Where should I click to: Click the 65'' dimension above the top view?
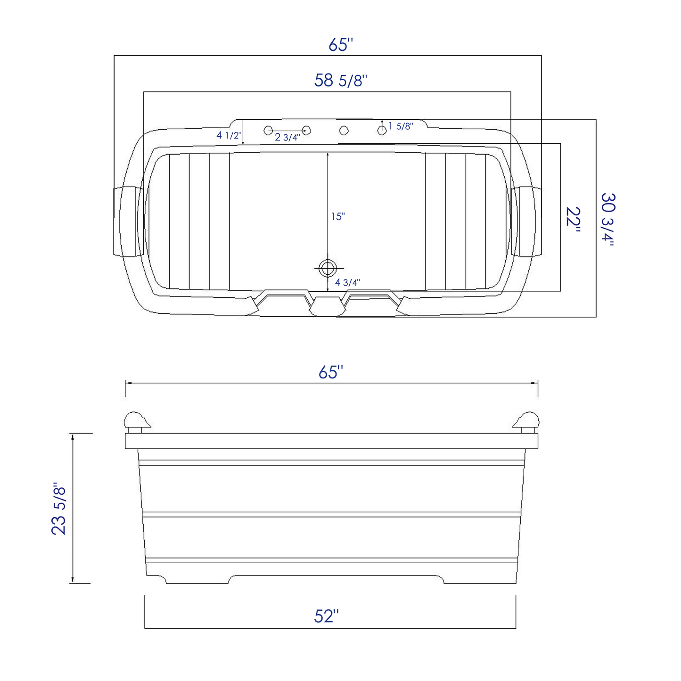(341, 44)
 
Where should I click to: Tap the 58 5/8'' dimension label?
(341, 81)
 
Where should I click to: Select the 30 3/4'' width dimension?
(608, 220)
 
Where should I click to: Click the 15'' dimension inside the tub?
(338, 216)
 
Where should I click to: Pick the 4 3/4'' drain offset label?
(347, 282)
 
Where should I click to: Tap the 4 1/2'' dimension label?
(230, 135)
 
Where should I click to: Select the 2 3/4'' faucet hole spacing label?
(287, 137)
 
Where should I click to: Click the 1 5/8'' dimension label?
(401, 126)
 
